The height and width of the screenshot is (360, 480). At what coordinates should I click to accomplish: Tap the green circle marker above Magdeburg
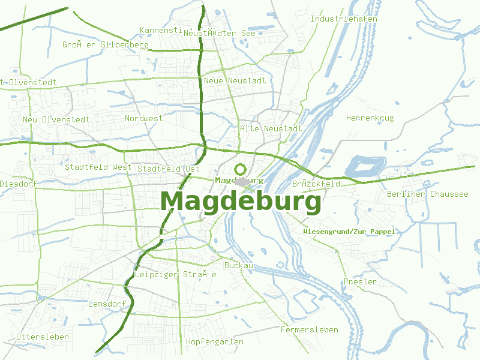[241, 169]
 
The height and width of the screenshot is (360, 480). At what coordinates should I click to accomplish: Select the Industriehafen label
[343, 19]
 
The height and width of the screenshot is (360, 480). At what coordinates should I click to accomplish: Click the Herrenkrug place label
[370, 118]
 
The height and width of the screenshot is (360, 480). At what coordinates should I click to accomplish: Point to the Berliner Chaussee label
[427, 194]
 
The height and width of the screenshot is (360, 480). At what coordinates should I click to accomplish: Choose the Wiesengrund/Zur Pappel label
[349, 232]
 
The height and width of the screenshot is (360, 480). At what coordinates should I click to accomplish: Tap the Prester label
[360, 282]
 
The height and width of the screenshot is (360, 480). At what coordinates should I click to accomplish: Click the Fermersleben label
[309, 330]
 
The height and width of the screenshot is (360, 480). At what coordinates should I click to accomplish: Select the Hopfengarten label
[215, 342]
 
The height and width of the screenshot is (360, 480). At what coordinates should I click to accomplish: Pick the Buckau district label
[239, 265]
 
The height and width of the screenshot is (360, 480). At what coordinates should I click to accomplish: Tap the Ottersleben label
[43, 337]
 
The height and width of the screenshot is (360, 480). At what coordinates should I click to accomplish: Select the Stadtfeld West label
[98, 167]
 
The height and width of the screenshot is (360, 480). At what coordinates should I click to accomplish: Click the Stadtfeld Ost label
[168, 169]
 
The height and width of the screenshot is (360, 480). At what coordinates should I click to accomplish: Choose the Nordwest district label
[143, 119]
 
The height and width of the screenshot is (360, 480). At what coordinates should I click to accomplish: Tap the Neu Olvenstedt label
[56, 119]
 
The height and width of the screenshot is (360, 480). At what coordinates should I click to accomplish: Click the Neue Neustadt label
[235, 80]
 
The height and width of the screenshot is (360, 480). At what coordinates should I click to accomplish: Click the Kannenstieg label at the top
[160, 30]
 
